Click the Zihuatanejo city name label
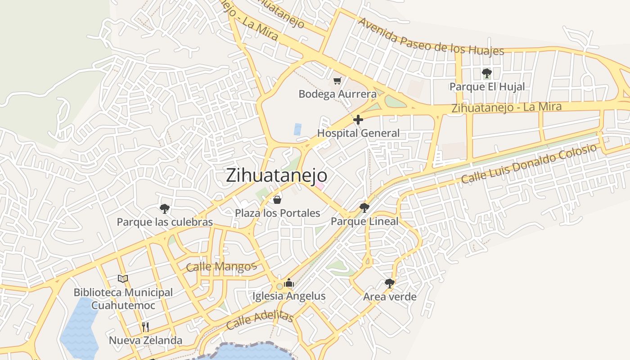276,175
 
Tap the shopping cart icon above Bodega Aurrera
337,81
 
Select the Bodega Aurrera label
337,94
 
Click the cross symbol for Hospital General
358,120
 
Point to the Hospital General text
358,133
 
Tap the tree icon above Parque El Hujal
486,73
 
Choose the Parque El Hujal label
487,87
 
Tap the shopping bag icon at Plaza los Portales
278,199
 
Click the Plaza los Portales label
278,213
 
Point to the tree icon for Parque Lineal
364,207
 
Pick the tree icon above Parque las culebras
165,208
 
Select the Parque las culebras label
165,222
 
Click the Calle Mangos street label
221,266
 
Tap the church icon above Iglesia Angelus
289,283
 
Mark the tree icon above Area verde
390,283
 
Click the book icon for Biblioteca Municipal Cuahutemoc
123,279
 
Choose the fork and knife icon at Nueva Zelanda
145,327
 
